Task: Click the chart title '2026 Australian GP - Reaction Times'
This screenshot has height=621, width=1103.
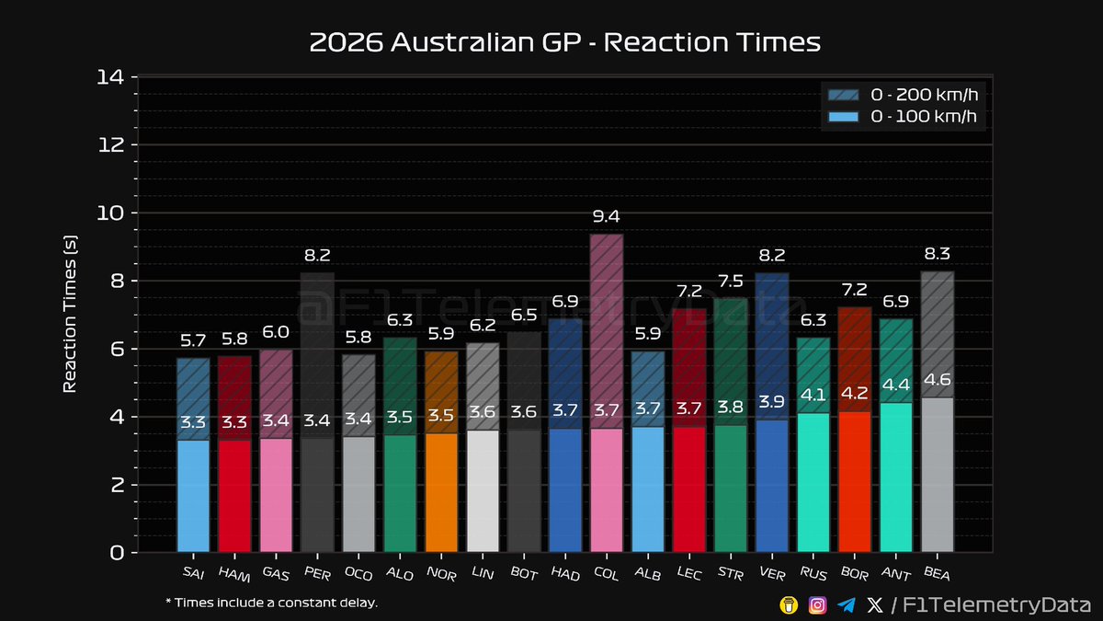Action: [564, 42]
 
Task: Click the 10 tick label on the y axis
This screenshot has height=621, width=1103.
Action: [110, 213]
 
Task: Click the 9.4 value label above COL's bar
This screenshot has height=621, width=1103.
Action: [607, 217]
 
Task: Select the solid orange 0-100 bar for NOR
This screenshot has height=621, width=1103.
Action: [441, 492]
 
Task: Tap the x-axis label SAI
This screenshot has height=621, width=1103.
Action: [193, 574]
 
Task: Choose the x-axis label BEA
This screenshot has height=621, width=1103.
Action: [937, 574]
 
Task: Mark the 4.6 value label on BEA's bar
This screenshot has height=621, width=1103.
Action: [938, 381]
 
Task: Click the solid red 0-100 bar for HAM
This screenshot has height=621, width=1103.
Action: [234, 497]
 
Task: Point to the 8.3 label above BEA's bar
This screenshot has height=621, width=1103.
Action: [938, 255]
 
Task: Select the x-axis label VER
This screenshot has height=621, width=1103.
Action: [771, 574]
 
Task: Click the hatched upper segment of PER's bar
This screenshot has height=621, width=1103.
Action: [317, 354]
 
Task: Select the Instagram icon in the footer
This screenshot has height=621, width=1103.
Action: [817, 604]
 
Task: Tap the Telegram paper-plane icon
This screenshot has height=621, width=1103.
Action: [847, 604]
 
